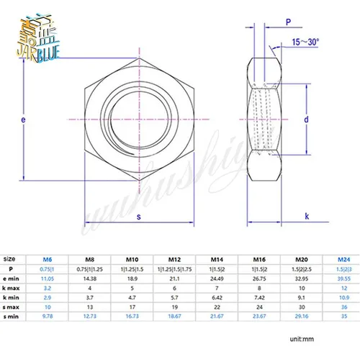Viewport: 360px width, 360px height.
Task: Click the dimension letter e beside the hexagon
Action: pos(24,120)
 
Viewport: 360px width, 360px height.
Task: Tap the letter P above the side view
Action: pos(287,22)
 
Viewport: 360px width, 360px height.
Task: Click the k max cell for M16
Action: pos(257,286)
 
